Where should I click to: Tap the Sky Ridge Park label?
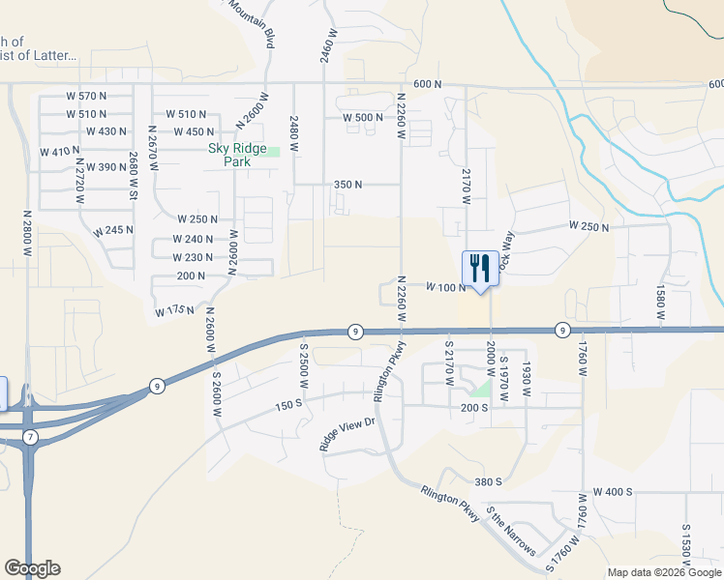[229, 155]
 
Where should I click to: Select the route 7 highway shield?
[30, 438]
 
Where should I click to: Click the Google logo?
[32, 568]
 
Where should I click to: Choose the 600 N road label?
[427, 84]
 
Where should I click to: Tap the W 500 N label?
[364, 118]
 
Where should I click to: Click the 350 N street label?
[347, 184]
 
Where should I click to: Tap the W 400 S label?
[613, 492]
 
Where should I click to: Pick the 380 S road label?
[488, 481]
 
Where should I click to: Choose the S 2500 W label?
[303, 363]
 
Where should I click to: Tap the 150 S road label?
[288, 404]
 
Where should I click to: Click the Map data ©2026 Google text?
[663, 572]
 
